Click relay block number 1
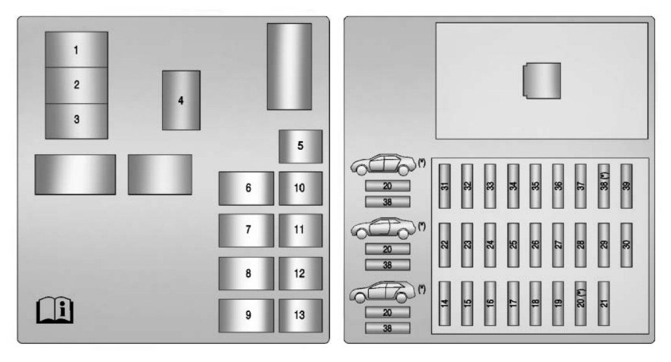tap(77, 50)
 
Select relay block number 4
tap(181, 101)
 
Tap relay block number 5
tap(300, 146)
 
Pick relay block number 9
tap(246, 315)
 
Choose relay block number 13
tap(300, 315)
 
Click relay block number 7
tap(246, 230)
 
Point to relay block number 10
tap(300, 188)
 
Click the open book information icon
tap(54, 309)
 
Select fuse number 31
tap(445, 186)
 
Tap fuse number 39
tap(626, 186)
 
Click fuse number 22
tap(445, 245)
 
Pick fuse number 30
tap(626, 245)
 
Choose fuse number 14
tap(445, 304)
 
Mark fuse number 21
tap(604, 304)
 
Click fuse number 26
tap(536, 245)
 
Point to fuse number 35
tap(536, 186)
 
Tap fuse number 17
tap(513, 304)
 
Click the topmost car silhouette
tap(383, 165)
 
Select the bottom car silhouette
tap(382, 292)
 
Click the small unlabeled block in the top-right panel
tap(542, 81)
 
